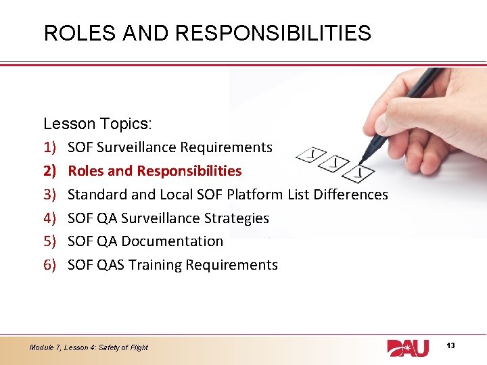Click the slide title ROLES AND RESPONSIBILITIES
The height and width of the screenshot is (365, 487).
point(207,33)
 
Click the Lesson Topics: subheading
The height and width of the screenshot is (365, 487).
point(98,124)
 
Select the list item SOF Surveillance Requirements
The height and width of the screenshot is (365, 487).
point(170,147)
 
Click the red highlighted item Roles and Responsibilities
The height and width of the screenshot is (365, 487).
point(154,171)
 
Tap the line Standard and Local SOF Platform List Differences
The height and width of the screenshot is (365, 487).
point(228,195)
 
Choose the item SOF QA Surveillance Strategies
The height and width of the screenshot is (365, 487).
point(168,218)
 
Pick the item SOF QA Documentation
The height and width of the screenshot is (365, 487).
point(145,241)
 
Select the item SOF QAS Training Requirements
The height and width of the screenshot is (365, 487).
point(172,265)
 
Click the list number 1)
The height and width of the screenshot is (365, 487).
point(49,147)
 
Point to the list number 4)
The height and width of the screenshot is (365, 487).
point(49,218)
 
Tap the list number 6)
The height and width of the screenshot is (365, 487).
point(49,265)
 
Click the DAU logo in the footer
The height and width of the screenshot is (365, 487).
point(407,347)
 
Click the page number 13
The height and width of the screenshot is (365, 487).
point(450,345)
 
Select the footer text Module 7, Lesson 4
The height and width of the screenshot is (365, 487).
point(89,347)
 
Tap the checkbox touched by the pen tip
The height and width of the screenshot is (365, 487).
point(363,174)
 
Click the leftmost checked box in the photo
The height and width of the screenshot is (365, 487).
point(312,155)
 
